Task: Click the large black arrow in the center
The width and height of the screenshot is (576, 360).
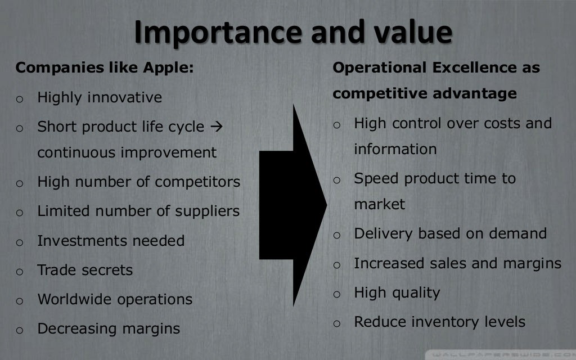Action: tap(292, 206)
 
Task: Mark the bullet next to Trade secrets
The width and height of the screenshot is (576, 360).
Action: tap(19, 272)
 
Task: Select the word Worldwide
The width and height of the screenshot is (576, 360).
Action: tap(75, 299)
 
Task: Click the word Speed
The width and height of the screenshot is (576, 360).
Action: tap(376, 178)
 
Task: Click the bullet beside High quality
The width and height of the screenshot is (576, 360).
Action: tap(336, 294)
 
